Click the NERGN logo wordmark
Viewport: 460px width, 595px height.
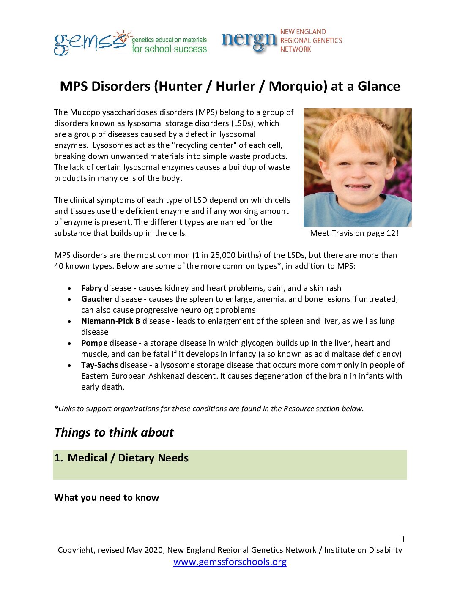[x=249, y=41]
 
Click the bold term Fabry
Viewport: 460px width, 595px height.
[x=91, y=288]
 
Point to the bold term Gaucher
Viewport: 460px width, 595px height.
[x=96, y=299]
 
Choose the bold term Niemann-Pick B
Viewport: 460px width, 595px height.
[x=110, y=321]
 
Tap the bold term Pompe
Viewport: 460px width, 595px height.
[x=94, y=343]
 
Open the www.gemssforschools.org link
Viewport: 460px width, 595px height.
[x=230, y=562]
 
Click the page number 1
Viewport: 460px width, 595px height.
[x=403, y=539]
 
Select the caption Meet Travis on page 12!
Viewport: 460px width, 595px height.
[x=354, y=233]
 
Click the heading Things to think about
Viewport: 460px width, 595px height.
[x=114, y=433]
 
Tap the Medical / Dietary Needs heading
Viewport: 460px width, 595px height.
[x=128, y=458]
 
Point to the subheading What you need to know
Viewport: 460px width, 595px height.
[x=107, y=498]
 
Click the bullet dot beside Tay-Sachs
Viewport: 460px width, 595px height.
[x=69, y=366]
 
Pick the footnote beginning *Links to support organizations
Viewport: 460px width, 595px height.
[x=209, y=409]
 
